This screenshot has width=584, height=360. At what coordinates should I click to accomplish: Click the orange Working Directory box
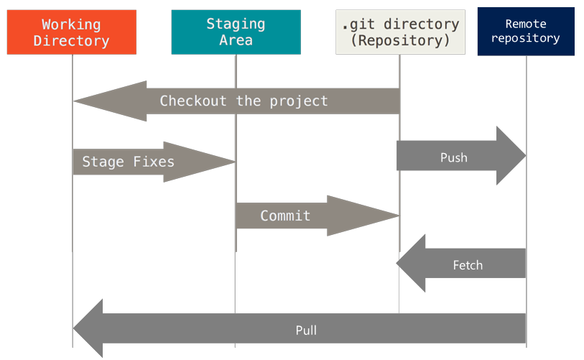[71, 33]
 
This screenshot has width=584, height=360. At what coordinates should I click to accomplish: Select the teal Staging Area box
[235, 33]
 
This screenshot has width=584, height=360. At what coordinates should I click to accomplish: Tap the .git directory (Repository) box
[399, 33]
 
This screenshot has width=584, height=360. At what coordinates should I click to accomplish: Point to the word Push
[453, 157]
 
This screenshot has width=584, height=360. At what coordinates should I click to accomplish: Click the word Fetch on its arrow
[468, 265]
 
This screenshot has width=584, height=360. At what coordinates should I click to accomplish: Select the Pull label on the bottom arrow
[306, 331]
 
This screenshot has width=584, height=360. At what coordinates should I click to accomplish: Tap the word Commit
[285, 216]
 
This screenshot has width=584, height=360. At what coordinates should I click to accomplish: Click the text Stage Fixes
[128, 162]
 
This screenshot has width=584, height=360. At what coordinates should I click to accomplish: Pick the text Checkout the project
[244, 101]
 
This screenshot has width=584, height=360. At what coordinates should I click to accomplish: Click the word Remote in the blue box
[526, 24]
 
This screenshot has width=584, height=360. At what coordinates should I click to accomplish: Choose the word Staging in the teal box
[235, 24]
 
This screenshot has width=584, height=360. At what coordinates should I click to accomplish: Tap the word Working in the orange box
[71, 24]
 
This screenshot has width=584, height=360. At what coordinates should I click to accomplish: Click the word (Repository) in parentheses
[399, 40]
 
